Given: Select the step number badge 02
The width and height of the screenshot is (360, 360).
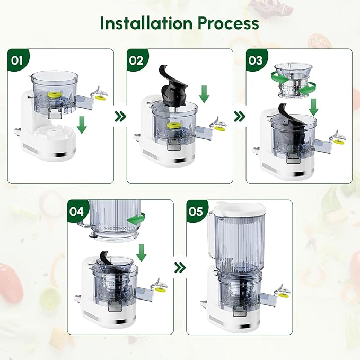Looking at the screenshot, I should [x=136, y=59].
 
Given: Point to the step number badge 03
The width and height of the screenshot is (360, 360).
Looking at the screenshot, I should [x=255, y=59].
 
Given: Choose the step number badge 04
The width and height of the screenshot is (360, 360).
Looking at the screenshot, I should [x=77, y=210].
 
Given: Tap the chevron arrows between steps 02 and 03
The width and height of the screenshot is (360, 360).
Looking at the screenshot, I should [x=240, y=115].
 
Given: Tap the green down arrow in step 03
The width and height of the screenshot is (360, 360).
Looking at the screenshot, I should [x=314, y=107].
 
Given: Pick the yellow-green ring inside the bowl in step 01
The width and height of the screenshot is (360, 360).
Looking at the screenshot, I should [x=53, y=94].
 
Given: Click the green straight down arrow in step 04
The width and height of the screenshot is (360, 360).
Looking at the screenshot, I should [x=141, y=252].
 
